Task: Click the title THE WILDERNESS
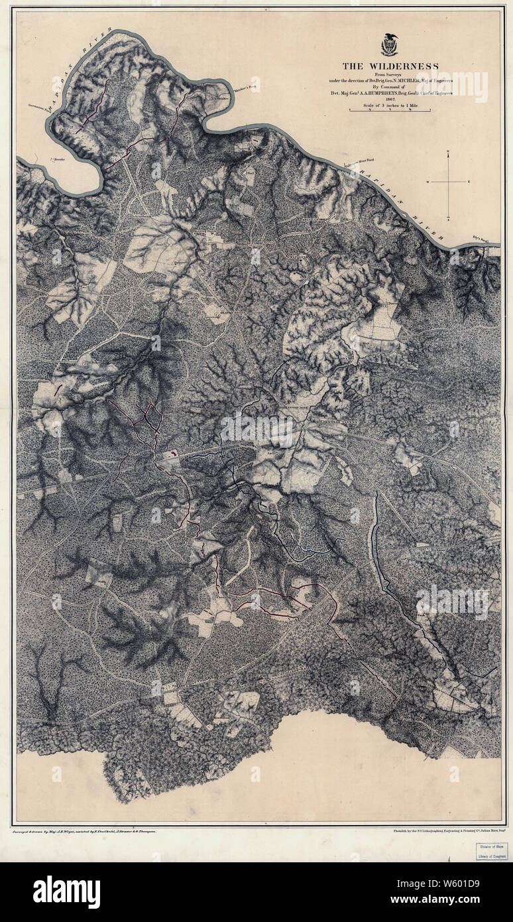[x=390, y=66]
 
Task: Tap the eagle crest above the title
[x=390, y=45]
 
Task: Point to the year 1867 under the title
[x=390, y=99]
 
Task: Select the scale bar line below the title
[x=390, y=111]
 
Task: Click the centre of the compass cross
[x=449, y=182]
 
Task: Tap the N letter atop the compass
[x=449, y=153]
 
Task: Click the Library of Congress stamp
[x=491, y=851]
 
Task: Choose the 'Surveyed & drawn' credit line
[x=84, y=830]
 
